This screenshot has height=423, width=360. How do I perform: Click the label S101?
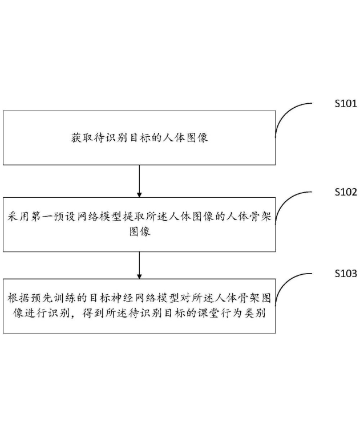tap(345, 104)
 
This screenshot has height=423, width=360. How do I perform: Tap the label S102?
tap(345, 192)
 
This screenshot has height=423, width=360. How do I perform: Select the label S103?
tap(345, 274)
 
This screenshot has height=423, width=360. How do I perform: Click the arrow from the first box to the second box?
tap(139, 180)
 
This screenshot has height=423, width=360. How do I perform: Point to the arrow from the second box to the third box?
tap(139, 265)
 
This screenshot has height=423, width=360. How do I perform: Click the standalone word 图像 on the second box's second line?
tap(140, 232)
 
